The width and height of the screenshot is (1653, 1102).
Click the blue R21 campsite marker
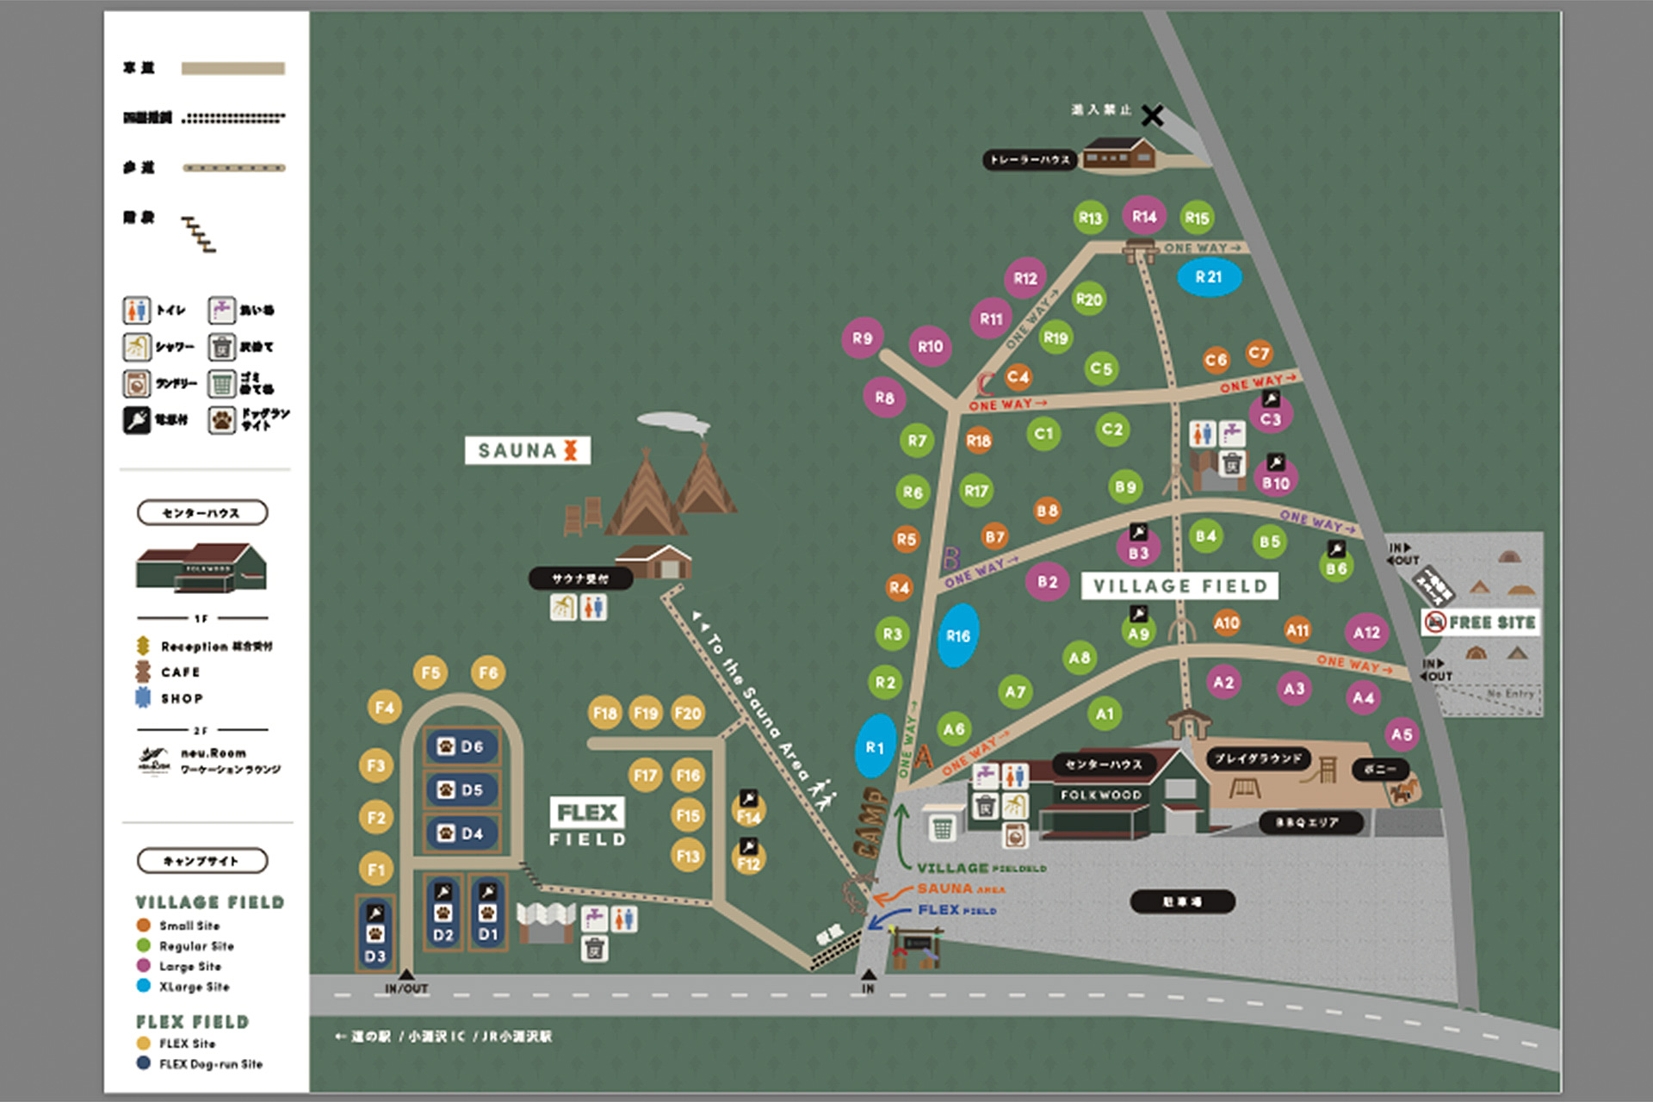tap(1209, 277)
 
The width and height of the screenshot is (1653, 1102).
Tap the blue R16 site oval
tap(957, 635)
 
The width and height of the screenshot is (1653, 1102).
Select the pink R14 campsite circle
tap(1143, 216)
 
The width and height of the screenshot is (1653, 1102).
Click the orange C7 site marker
tap(1259, 353)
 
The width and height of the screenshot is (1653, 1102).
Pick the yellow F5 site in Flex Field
tap(430, 672)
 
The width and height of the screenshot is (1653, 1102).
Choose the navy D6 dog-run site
tap(461, 746)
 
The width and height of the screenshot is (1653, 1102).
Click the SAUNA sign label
tap(527, 450)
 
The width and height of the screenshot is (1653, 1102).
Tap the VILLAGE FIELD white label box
tap(1179, 586)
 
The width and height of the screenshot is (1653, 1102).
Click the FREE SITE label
tap(1481, 622)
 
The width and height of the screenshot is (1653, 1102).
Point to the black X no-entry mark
tap(1153, 115)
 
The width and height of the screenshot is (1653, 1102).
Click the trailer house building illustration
tap(1118, 154)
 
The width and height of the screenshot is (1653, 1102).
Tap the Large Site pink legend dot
tap(144, 966)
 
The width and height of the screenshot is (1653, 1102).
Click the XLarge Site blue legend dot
tap(144, 986)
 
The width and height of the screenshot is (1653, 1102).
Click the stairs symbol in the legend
tap(199, 234)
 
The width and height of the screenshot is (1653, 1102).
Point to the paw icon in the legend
tap(221, 420)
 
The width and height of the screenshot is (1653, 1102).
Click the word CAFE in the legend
tap(180, 672)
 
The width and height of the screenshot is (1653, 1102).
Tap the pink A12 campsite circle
tap(1365, 633)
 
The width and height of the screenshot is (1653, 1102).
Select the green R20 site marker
tap(1088, 300)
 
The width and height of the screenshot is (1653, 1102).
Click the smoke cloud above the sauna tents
tap(674, 422)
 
